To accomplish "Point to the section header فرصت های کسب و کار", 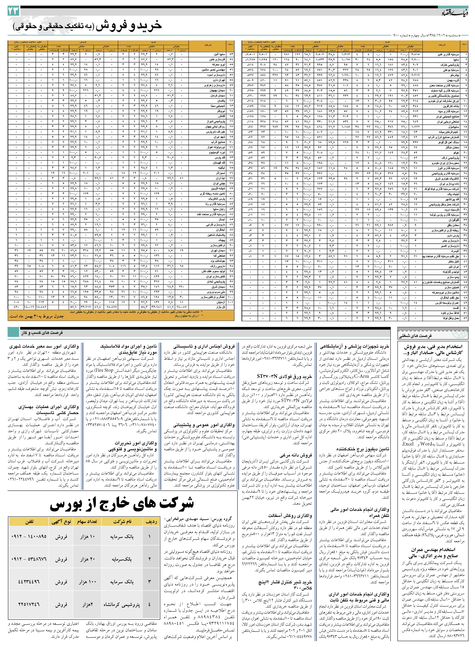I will tap(42, 333).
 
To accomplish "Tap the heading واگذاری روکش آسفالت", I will tap(290, 515).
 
